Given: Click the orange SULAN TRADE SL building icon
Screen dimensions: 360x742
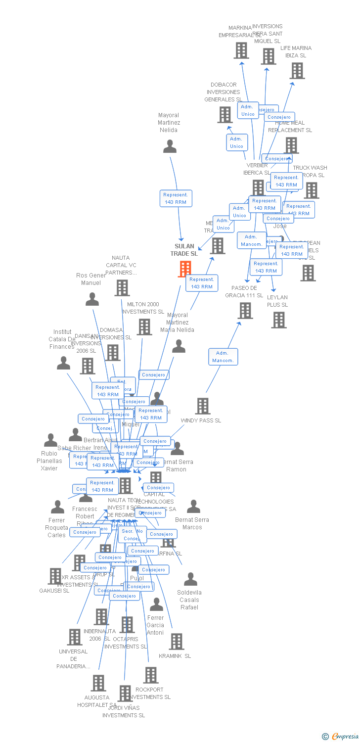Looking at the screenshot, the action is click(x=185, y=269).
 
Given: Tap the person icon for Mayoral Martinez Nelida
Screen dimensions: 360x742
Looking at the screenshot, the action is click(x=170, y=146).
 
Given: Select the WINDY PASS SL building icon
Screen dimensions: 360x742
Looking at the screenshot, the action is click(x=203, y=406).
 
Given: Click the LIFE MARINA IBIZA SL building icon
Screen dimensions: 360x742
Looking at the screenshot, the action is click(x=297, y=71).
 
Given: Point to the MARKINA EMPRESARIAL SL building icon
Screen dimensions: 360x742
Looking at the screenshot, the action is click(x=241, y=50).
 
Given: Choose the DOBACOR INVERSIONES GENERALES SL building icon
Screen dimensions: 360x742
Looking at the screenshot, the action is click(x=225, y=115).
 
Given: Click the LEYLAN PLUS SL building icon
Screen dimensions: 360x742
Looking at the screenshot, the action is click(x=279, y=320).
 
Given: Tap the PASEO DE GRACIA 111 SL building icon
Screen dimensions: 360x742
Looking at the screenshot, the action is click(x=245, y=311).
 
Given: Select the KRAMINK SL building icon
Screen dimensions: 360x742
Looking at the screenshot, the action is click(x=176, y=642).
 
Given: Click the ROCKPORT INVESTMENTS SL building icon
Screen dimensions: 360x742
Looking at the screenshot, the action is click(x=151, y=675).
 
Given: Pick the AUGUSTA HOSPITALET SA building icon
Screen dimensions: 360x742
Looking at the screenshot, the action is click(x=98, y=683).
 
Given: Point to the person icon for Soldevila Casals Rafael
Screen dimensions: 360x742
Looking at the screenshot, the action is click(x=190, y=579).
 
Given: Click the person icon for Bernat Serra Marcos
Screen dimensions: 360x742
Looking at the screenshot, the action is click(x=193, y=507).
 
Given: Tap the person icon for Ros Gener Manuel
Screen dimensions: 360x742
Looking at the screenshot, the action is click(x=92, y=299).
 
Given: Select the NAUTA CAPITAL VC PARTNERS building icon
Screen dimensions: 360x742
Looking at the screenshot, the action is click(x=122, y=288).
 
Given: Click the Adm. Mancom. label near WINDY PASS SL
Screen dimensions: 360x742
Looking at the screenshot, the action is click(x=223, y=357).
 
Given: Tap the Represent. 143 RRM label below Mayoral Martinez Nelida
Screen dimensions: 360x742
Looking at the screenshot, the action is click(x=176, y=198).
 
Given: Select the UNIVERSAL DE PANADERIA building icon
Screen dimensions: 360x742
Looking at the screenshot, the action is click(x=75, y=637).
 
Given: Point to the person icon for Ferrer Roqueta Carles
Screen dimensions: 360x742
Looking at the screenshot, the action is click(x=58, y=507).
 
